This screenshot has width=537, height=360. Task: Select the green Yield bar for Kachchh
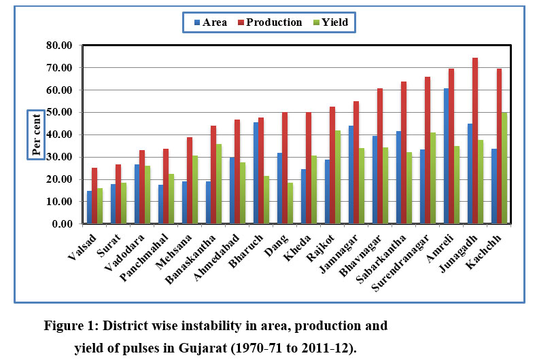pos(504,168)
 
